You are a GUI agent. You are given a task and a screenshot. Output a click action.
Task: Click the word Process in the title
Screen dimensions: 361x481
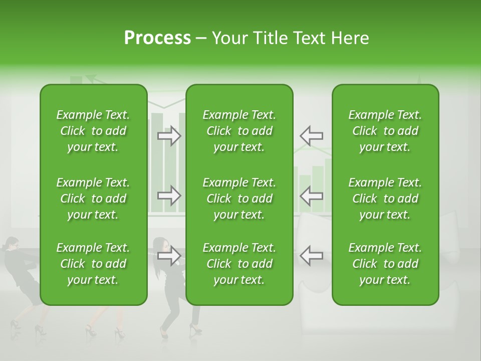pos(157,38)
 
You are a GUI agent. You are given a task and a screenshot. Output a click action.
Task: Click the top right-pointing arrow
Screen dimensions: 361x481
pos(169,136)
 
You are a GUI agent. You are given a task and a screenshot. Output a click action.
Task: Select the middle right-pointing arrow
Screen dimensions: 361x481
pos(169,196)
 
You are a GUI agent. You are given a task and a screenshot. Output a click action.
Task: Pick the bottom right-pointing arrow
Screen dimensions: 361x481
pos(169,256)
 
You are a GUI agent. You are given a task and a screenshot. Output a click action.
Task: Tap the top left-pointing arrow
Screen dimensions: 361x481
pos(311,136)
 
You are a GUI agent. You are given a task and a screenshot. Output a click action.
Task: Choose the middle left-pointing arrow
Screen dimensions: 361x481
pos(311,196)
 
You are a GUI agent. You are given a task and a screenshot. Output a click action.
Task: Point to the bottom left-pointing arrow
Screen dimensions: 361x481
pos(311,256)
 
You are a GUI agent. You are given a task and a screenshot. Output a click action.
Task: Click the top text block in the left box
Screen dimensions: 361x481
pos(93,131)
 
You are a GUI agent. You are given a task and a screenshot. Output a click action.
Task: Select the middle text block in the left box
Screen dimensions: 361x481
pos(93,199)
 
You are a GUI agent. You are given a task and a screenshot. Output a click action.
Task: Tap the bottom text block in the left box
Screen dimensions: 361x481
pos(93,264)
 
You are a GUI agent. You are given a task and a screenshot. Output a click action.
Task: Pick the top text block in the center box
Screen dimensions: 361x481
pos(239,131)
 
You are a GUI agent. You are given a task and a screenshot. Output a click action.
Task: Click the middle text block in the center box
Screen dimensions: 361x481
pos(239,199)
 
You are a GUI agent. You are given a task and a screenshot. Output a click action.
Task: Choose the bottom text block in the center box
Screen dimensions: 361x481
pos(239,264)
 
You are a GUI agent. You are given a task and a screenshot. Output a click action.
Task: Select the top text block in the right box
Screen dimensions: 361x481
pos(385,131)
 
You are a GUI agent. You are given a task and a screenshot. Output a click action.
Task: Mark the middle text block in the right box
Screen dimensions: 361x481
pos(385,199)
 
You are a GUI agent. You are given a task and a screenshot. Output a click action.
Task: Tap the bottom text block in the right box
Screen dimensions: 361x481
pos(385,264)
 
